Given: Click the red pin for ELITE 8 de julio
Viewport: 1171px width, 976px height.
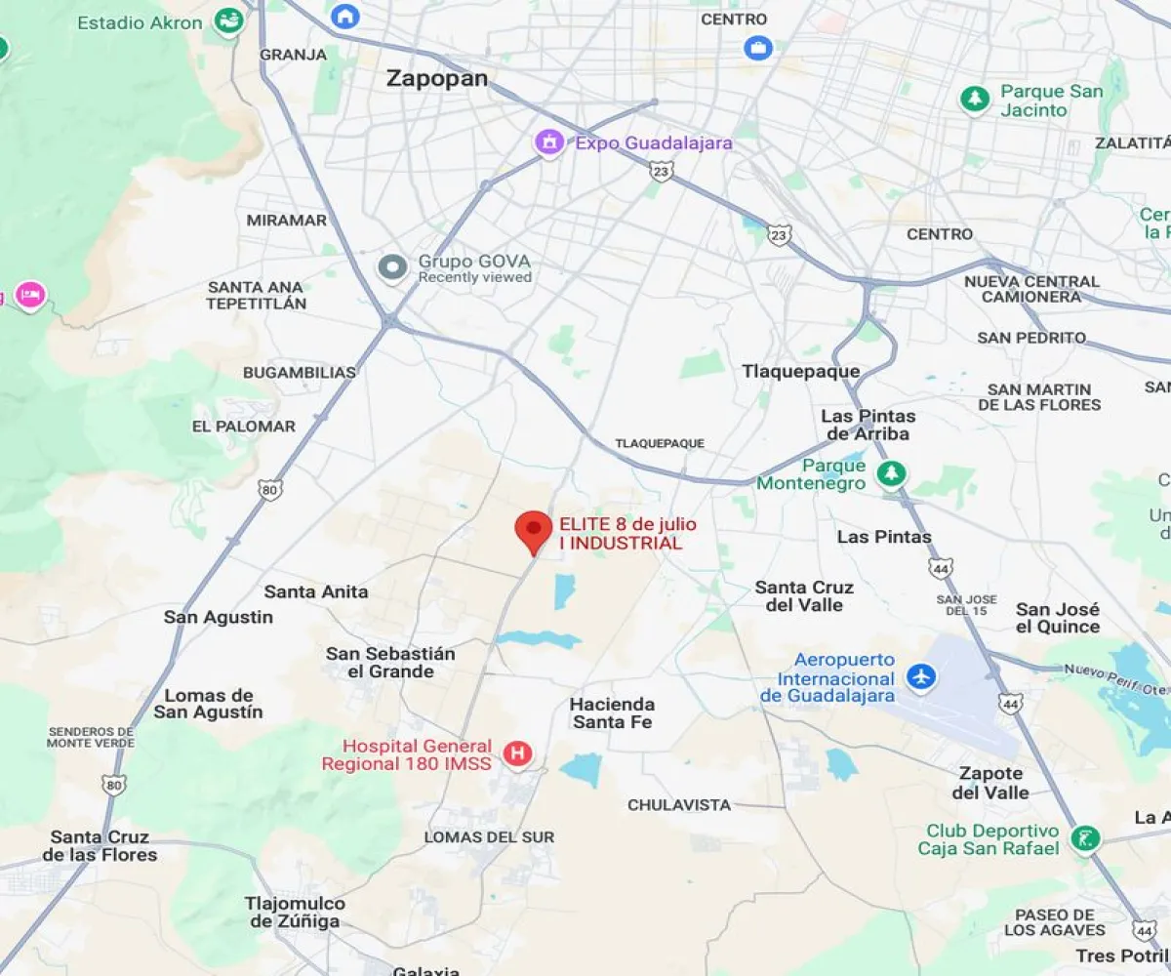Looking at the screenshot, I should pos(533,529).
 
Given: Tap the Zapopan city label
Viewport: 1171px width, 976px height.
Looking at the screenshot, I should pos(437,78).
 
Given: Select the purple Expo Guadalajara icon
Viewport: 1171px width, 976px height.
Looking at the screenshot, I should pos(549,142).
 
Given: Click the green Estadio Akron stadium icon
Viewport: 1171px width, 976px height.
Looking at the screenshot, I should pos(228,20).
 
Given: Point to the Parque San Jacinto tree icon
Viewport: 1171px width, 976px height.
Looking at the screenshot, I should pos(975,99).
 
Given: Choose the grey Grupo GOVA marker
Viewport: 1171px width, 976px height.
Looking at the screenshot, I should pos(392,266).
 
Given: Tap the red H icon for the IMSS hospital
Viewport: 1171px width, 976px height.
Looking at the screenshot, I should pos(517,753).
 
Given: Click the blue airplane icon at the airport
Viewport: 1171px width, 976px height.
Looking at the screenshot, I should pos(920,675).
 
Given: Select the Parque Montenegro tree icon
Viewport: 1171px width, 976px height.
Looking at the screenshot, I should pos(890,474).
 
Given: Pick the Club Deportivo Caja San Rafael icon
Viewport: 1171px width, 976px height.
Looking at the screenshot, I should pos(1084,837).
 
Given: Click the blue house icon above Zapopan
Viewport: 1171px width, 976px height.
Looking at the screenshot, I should pos(343,15).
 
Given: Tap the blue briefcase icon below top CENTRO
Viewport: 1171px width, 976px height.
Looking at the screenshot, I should pos(757,47).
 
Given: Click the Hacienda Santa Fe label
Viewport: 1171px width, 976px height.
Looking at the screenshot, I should pos(612,712).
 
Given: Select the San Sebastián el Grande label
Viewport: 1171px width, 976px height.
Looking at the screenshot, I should pos(390,663).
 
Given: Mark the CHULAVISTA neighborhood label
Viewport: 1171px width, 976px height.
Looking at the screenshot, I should pos(679,805).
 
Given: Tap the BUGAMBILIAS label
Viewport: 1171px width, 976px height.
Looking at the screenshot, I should pos(300,372).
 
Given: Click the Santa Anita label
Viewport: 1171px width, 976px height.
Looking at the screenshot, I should pos(316,591).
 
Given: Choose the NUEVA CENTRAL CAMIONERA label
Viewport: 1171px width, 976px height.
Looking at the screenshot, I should pos(1031,289).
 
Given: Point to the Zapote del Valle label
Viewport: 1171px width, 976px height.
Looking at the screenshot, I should pos(990,783).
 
